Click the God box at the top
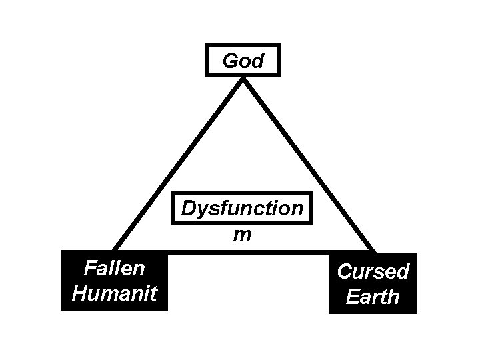coord(242,60)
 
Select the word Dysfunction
coord(242,209)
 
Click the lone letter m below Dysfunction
coord(242,235)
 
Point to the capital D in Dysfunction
coord(188,209)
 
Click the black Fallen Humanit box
coord(114,281)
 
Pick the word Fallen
coord(114,268)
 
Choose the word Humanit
coord(114,293)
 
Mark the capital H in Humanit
coord(79,293)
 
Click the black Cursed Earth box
coord(373,283)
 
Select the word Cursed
coord(373,271)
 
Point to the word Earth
coord(373,296)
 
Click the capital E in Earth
coord(352,296)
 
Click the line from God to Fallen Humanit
coord(180,163)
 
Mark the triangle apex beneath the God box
coord(243,79)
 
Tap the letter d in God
coord(257,61)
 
